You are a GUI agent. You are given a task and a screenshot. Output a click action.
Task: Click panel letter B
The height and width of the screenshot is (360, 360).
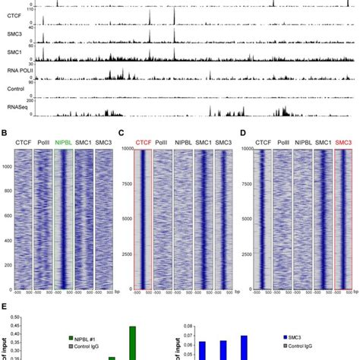(7, 134)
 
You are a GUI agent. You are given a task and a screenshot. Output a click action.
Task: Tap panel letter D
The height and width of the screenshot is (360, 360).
(241, 134)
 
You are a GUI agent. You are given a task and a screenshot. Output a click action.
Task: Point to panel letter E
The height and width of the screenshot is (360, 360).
(6, 306)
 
